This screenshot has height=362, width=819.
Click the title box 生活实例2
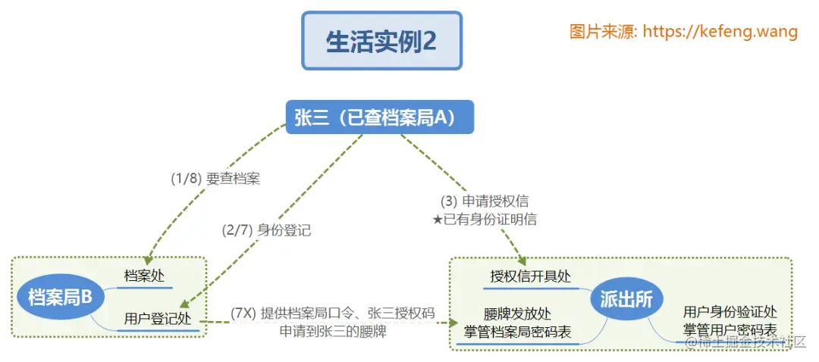pyautogui.click(x=381, y=41)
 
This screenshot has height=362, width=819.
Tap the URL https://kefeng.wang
pyautogui.click(x=720, y=32)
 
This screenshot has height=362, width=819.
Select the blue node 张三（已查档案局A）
pyautogui.click(x=380, y=117)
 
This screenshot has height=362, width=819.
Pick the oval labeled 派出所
pyautogui.click(x=627, y=300)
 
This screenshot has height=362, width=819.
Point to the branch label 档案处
pyautogui.click(x=144, y=276)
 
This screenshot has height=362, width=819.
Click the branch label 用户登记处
pyautogui.click(x=158, y=318)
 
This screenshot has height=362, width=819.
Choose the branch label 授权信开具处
pyautogui.click(x=531, y=276)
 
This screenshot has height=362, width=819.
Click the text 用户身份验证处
pyautogui.click(x=730, y=313)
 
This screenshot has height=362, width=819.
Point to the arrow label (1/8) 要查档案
pyautogui.click(x=215, y=179)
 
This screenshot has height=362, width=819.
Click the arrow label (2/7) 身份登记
pyautogui.click(x=266, y=230)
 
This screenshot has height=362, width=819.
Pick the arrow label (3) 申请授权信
pyautogui.click(x=488, y=202)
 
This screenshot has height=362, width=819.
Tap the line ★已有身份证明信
pyautogui.click(x=484, y=220)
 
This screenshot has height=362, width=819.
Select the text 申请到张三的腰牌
pyautogui.click(x=333, y=331)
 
